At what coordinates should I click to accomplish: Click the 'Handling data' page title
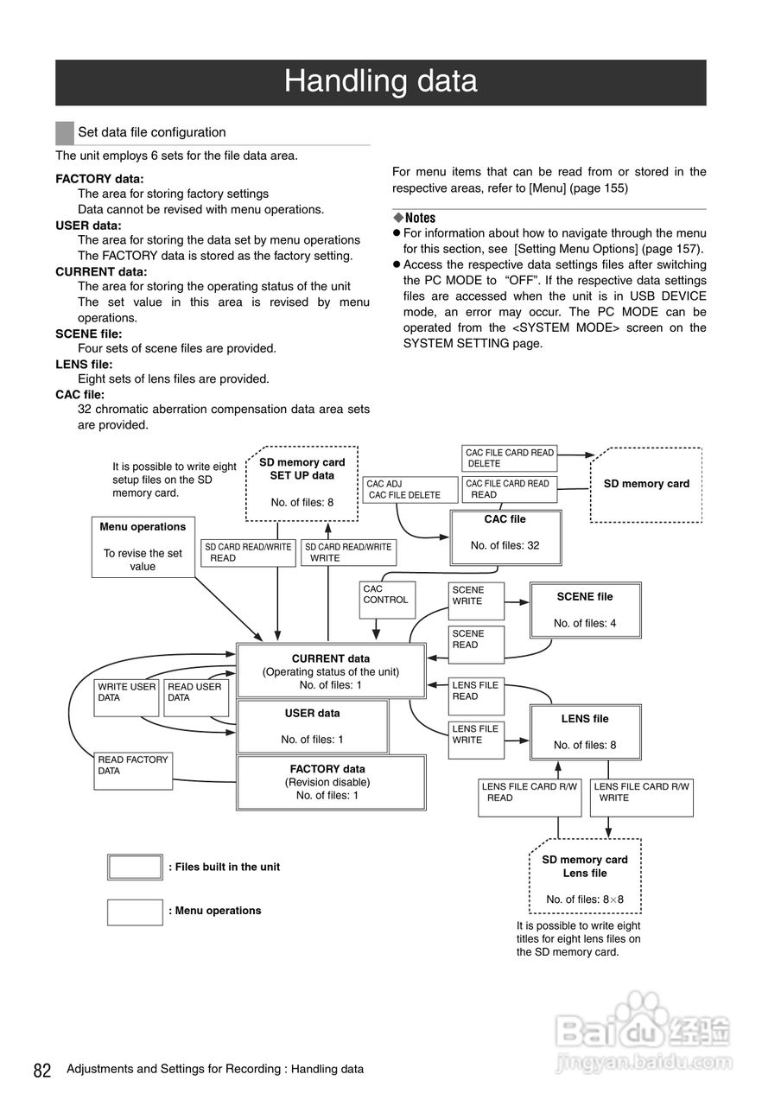tap(380, 82)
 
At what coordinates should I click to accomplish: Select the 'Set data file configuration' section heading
tap(151, 132)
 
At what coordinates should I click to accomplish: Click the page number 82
tap(42, 1071)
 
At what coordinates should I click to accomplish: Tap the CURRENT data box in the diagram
tap(331, 671)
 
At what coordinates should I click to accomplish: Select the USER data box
tap(312, 726)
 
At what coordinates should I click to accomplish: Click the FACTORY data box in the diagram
tap(331, 782)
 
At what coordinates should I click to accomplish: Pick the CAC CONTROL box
tap(386, 599)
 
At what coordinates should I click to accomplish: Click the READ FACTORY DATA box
tap(133, 770)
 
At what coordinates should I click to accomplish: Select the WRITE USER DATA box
tap(127, 697)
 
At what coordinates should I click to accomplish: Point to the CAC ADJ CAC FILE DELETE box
tap(410, 490)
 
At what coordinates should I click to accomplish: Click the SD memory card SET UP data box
tap(302, 482)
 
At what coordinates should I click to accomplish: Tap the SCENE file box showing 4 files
tap(585, 609)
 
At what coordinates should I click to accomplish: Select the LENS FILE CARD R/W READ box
tap(530, 798)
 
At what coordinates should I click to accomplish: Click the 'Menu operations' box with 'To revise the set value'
tap(143, 546)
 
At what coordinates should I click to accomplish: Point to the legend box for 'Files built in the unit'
tap(135, 867)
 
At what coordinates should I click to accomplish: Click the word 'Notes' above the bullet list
tap(420, 218)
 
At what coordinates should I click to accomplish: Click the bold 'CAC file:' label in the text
tap(79, 394)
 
